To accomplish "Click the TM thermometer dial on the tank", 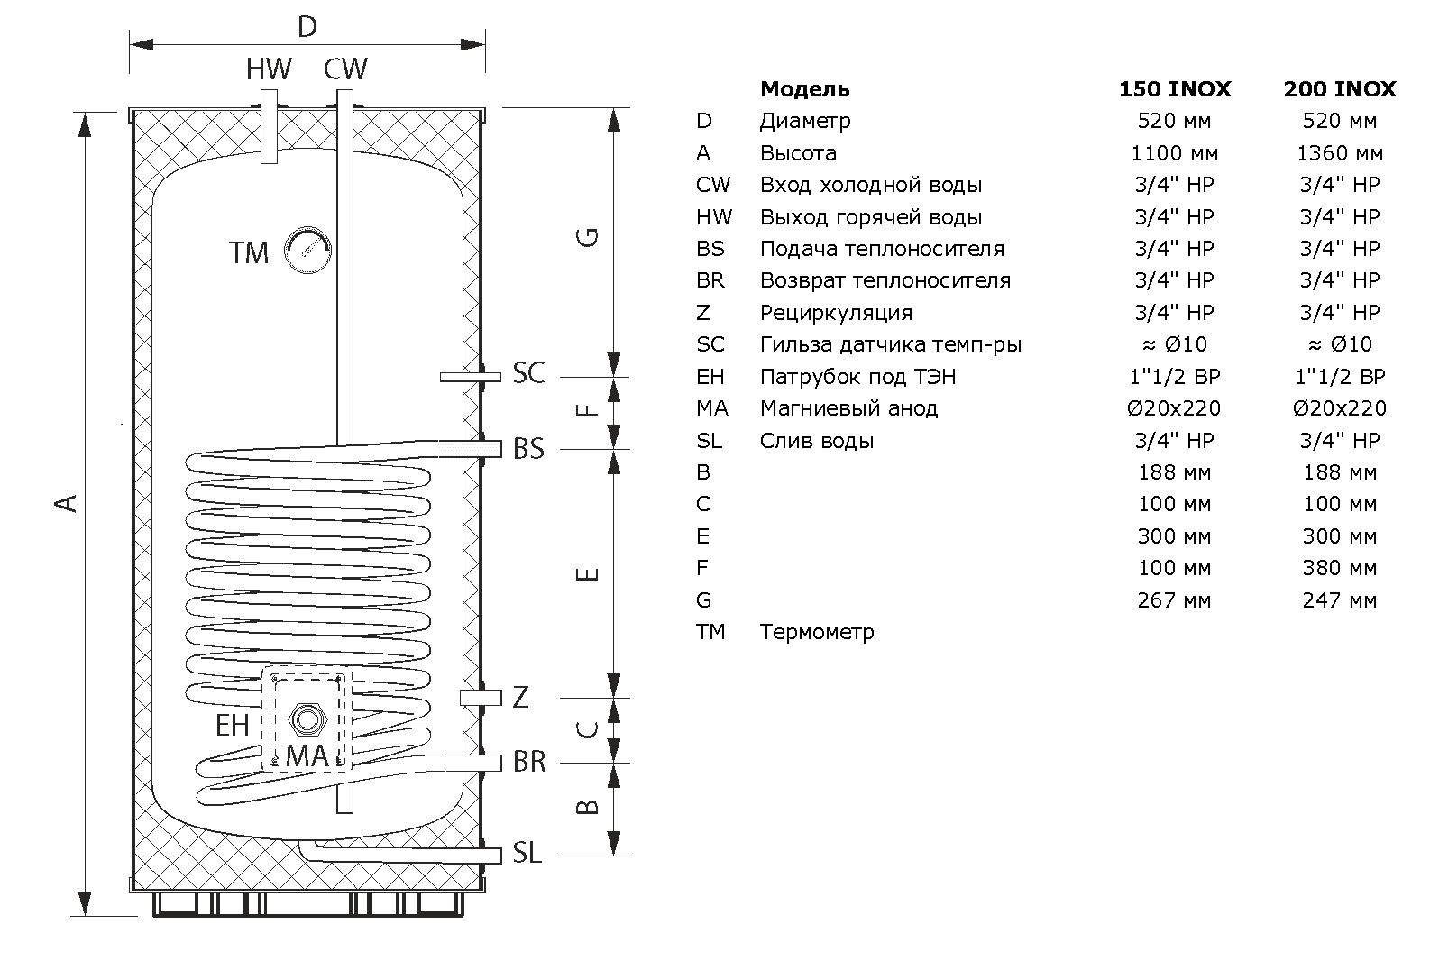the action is point(307,250).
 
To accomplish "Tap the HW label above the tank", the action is point(269,69).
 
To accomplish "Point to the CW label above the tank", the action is point(345,69).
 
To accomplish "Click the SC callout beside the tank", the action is point(528,372).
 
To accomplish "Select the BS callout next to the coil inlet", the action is point(528,448).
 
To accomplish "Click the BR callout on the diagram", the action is point(529,761).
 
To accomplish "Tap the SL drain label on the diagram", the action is point(527,853).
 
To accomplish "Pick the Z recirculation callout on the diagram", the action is point(521,697).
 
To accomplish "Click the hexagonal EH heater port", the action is point(307,719).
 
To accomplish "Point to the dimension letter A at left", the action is point(66,503).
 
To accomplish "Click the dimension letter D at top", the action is point(307,27).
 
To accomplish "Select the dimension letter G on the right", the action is point(588,237).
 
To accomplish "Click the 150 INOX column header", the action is point(1175,88).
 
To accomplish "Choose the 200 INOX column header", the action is point(1340,88).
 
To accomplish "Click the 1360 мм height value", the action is point(1340,153).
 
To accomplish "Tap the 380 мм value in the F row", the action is point(1340,568).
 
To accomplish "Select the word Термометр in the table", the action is point(817,632).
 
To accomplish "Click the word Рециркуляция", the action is point(836,314).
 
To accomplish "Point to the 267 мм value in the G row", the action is point(1175,600).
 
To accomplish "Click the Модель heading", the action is point(805,89).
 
